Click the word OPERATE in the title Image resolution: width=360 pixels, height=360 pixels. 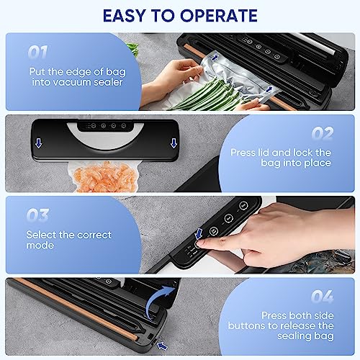219,16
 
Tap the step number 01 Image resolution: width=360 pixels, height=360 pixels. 38,52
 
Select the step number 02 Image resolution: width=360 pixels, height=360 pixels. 323,133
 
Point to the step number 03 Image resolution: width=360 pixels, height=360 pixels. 37,215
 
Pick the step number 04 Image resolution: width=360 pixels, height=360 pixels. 323,297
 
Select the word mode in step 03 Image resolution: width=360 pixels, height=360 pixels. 40,246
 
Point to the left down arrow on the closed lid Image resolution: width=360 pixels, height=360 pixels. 38,143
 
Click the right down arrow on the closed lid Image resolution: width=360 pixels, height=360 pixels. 174,143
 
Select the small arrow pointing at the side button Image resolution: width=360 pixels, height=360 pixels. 162,346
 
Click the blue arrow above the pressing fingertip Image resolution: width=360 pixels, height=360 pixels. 199,233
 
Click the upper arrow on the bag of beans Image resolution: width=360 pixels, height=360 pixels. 215,58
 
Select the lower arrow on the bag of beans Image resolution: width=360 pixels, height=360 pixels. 269,90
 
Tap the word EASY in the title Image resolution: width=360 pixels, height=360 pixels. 124,16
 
